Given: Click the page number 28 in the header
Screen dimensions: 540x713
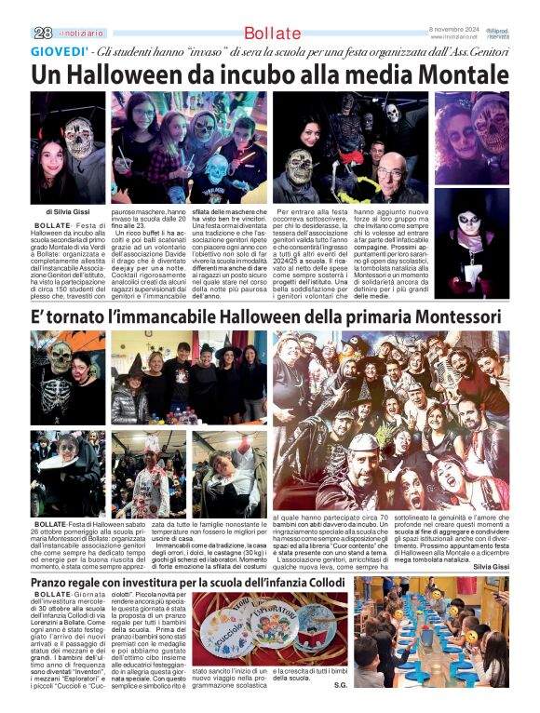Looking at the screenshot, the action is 43,32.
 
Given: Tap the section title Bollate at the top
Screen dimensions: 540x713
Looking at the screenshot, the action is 273,34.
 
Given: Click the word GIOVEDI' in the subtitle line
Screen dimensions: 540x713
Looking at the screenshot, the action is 61,51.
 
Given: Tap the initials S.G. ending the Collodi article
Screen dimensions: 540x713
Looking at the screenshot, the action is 340,685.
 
